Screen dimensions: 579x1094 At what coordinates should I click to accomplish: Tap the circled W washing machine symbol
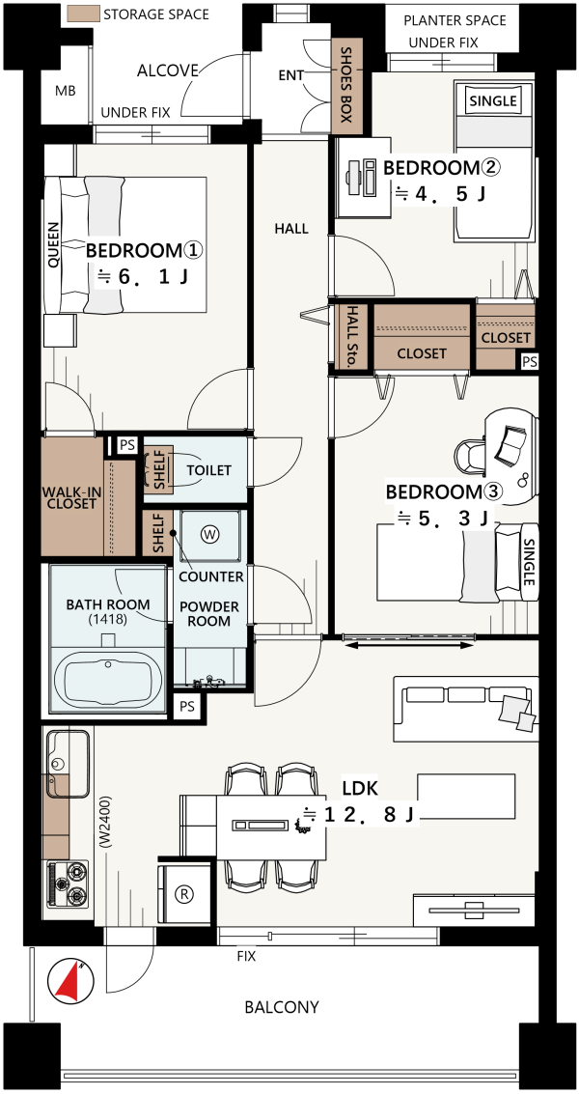coord(209,534)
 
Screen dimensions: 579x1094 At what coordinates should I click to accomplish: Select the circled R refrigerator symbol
coord(186,894)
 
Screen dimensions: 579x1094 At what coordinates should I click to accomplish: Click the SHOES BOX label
coord(345,85)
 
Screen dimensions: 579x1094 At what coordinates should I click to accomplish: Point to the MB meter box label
coord(65,92)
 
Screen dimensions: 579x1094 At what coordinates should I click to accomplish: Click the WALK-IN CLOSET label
coord(71,498)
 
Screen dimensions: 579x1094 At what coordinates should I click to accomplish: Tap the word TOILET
coord(208,470)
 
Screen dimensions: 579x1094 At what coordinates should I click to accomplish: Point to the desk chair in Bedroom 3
coord(472,456)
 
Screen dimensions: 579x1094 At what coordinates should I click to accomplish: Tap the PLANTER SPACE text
coord(455,19)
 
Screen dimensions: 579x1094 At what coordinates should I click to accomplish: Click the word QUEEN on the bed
coord(54,245)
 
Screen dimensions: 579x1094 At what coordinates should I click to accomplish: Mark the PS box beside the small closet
coord(530,361)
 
